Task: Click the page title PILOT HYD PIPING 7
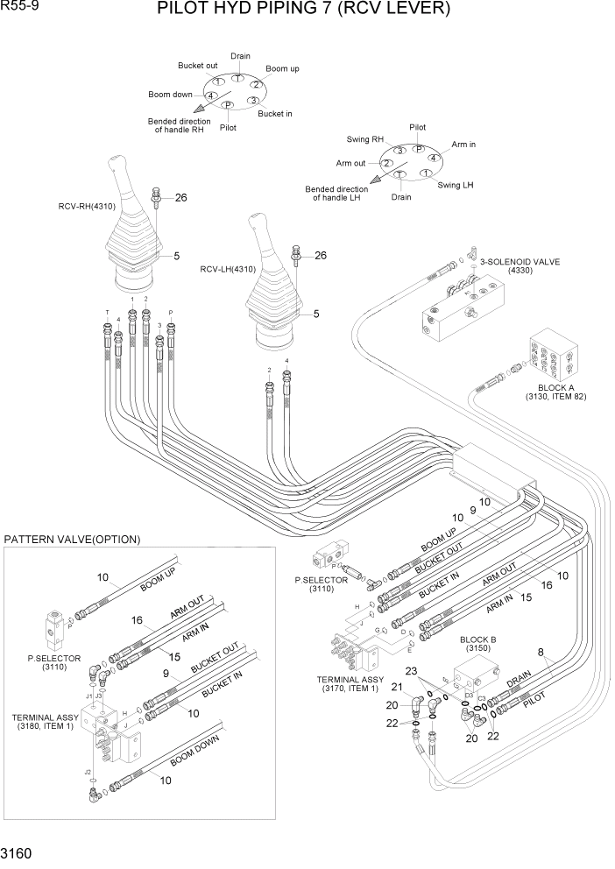[303, 11]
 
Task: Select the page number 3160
[19, 852]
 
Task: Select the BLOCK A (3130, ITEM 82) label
[555, 392]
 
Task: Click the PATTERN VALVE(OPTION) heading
[72, 539]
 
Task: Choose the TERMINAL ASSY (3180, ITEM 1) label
[43, 722]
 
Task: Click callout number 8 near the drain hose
[541, 652]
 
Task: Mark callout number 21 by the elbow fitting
[396, 687]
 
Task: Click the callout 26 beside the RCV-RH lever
[180, 198]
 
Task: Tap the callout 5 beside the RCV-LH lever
[315, 314]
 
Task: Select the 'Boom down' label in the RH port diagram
[170, 95]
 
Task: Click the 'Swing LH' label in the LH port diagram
[456, 185]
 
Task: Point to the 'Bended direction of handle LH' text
[336, 194]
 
